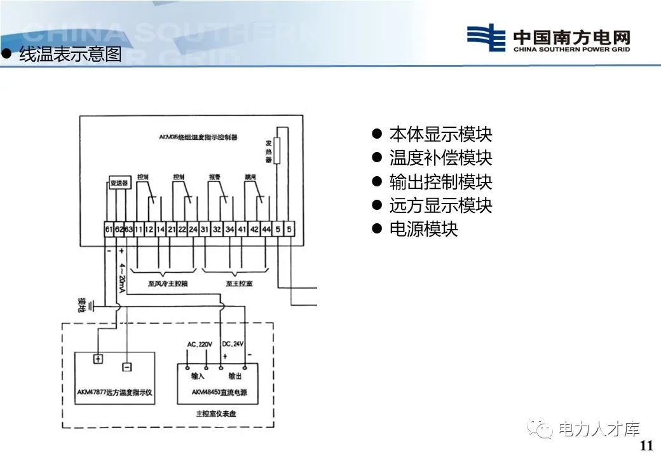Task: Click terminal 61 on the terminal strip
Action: [x=109, y=229]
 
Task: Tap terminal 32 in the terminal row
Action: [x=217, y=229]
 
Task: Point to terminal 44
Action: [x=266, y=229]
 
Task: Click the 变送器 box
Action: [x=119, y=183]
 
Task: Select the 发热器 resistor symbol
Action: [x=278, y=153]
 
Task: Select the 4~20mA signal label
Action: [x=121, y=278]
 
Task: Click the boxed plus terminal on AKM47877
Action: [x=98, y=359]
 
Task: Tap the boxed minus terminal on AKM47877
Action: [x=126, y=367]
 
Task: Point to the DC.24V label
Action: [x=233, y=344]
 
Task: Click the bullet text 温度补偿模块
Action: [x=440, y=158]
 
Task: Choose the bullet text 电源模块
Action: [x=423, y=228]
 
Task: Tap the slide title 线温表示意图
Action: [x=70, y=55]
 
